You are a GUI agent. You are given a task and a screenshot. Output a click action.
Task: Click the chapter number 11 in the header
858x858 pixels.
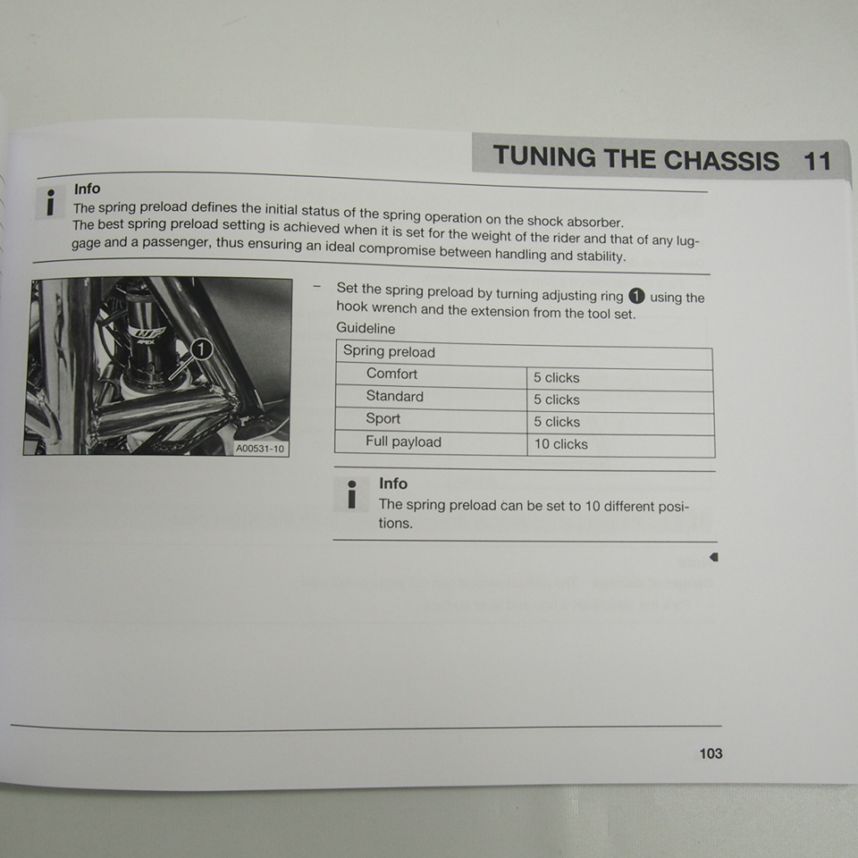[817, 161]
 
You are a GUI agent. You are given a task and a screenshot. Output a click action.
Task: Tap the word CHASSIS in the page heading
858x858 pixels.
[720, 160]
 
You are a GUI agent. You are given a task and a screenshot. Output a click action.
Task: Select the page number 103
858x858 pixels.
[711, 753]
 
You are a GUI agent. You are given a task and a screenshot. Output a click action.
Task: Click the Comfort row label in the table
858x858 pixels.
[391, 374]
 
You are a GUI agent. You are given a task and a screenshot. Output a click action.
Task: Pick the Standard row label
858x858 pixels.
[394, 396]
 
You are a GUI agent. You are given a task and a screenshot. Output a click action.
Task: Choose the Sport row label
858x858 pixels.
[383, 418]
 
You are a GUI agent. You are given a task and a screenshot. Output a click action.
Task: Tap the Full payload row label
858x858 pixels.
[403, 442]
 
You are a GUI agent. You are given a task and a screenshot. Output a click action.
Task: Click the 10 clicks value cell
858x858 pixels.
[561, 444]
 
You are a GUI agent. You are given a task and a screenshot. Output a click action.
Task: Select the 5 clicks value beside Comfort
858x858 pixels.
[557, 377]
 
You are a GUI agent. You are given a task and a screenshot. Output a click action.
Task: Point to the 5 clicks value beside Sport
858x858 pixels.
[557, 422]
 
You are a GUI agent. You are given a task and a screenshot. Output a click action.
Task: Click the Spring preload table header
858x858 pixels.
[389, 352]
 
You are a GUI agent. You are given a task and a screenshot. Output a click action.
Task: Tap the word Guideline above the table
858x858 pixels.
[366, 328]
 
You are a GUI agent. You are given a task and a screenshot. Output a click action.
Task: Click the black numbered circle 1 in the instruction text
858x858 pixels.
[636, 296]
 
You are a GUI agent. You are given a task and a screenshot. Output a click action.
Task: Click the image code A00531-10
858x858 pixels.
[260, 449]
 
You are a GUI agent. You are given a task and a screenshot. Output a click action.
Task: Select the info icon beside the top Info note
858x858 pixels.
[50, 203]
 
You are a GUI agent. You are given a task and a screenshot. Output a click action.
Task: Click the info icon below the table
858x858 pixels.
[352, 494]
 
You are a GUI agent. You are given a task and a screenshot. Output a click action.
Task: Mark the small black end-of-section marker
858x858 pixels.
[714, 557]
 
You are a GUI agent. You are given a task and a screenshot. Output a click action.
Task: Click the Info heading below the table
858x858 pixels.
[393, 484]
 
